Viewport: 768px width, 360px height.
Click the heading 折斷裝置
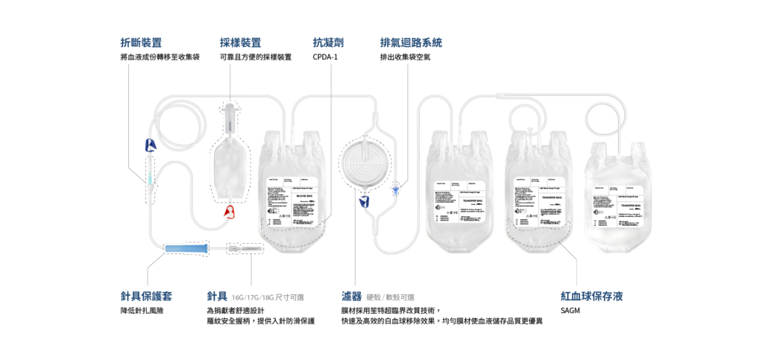click(141, 43)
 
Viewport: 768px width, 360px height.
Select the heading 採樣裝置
click(240, 43)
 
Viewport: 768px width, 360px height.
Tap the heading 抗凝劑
click(328, 43)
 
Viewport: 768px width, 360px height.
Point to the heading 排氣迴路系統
click(416, 43)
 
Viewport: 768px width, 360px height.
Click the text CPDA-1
click(325, 57)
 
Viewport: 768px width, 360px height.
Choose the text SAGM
click(570, 310)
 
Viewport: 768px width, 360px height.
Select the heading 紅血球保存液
click(591, 296)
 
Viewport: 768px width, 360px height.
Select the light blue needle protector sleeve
click(185, 248)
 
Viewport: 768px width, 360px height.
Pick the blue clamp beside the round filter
click(365, 203)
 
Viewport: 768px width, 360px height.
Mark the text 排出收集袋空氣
click(405, 57)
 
